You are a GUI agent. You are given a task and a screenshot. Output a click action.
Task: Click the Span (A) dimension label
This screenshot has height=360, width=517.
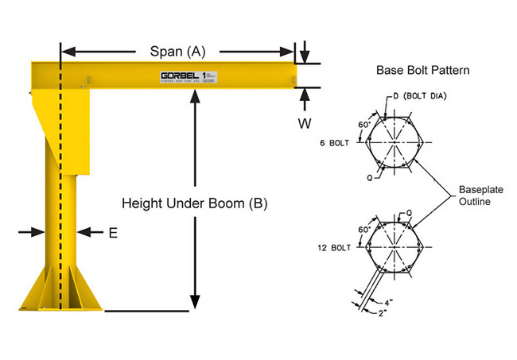177,52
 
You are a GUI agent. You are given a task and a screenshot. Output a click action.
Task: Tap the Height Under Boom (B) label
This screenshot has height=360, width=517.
194,203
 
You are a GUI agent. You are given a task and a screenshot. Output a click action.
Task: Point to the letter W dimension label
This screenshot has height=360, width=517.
304,123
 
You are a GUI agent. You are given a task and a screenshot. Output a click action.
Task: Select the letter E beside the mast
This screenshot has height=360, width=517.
112,233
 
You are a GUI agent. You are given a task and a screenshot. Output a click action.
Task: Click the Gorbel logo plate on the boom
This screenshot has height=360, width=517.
188,77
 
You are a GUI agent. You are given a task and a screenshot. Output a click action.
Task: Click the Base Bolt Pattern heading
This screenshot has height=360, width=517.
422,70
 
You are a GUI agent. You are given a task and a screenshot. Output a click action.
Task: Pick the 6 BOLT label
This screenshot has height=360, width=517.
334,143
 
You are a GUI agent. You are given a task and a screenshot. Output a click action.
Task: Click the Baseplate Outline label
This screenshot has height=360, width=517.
481,196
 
